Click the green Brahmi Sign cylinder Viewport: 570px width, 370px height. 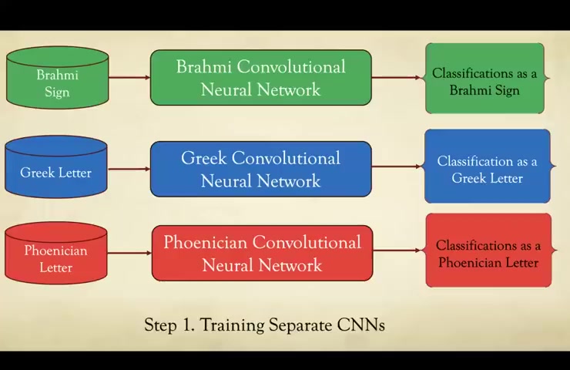click(58, 78)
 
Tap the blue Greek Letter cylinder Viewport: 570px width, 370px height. click(56, 166)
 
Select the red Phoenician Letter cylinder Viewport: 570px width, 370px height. click(56, 253)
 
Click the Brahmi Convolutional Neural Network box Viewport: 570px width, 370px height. click(261, 78)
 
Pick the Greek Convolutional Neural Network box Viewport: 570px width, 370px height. click(261, 169)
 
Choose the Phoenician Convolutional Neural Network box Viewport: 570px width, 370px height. click(262, 253)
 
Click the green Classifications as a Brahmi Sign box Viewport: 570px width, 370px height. click(485, 78)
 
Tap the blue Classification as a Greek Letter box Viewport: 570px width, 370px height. click(488, 166)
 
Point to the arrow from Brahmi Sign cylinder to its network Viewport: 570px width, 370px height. click(129, 78)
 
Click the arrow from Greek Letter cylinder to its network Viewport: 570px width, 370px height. click(129, 169)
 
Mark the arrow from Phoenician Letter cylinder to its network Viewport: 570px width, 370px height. click(129, 253)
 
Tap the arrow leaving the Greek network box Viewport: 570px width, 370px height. click(397, 166)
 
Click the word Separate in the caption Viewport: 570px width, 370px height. click(300, 325)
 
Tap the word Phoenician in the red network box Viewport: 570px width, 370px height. click(205, 242)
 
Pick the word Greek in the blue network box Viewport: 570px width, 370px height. click(203, 158)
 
